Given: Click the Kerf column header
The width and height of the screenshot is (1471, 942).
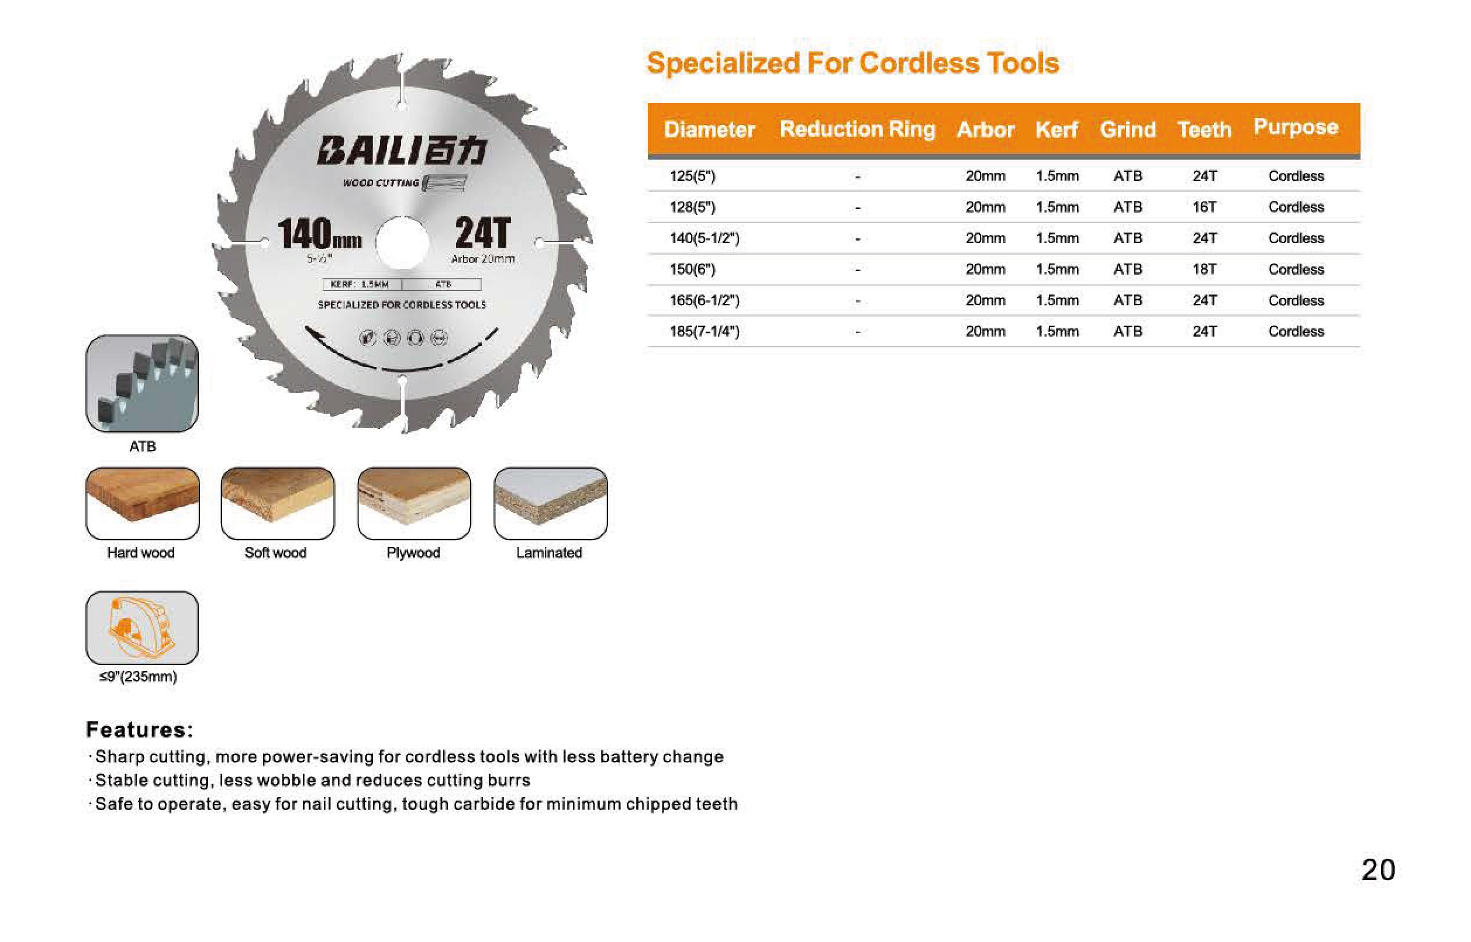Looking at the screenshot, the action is (1056, 129).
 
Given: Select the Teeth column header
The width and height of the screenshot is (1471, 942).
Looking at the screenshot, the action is (1204, 129).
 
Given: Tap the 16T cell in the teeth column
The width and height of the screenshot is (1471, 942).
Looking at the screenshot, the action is (1204, 207).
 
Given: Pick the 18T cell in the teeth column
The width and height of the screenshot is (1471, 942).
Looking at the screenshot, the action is (1204, 269).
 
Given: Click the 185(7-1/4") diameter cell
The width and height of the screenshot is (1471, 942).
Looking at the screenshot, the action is (705, 331).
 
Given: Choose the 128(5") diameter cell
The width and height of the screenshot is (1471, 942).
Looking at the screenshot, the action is (692, 207).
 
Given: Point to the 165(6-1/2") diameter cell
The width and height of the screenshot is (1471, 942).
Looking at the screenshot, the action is (705, 300).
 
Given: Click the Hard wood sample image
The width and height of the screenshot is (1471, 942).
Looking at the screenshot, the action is (143, 503).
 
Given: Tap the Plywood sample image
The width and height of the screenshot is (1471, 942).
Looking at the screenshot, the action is (415, 503).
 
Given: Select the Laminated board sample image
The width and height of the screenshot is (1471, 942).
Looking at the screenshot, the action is (550, 503).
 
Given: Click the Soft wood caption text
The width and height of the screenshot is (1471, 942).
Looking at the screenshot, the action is (275, 552).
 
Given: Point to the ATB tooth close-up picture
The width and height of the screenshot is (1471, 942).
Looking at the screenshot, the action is (142, 383).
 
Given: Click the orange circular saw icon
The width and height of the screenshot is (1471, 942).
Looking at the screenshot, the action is (141, 628).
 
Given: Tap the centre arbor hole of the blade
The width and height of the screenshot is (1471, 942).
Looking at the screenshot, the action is (402, 243).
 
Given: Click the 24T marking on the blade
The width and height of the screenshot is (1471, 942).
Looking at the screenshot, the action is (483, 233).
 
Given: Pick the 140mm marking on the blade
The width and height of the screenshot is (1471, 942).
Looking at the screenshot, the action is (319, 233).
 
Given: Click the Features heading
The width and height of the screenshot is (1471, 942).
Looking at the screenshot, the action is (140, 729).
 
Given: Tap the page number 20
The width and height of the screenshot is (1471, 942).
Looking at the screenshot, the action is (1378, 869).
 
